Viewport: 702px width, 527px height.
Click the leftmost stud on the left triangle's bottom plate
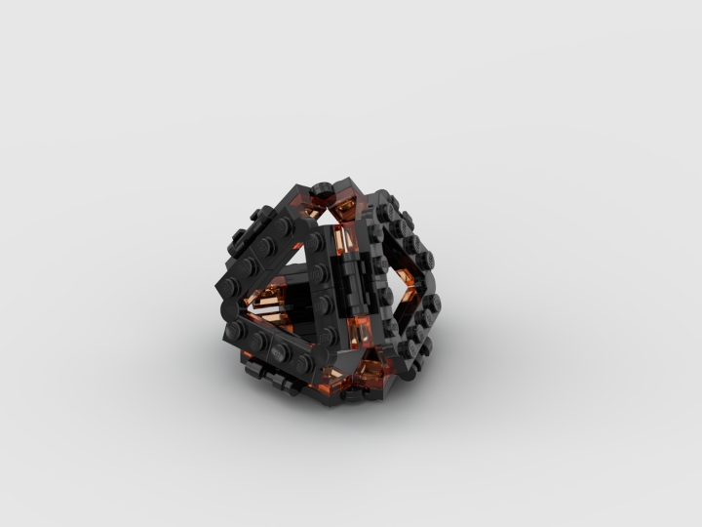[238, 332]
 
